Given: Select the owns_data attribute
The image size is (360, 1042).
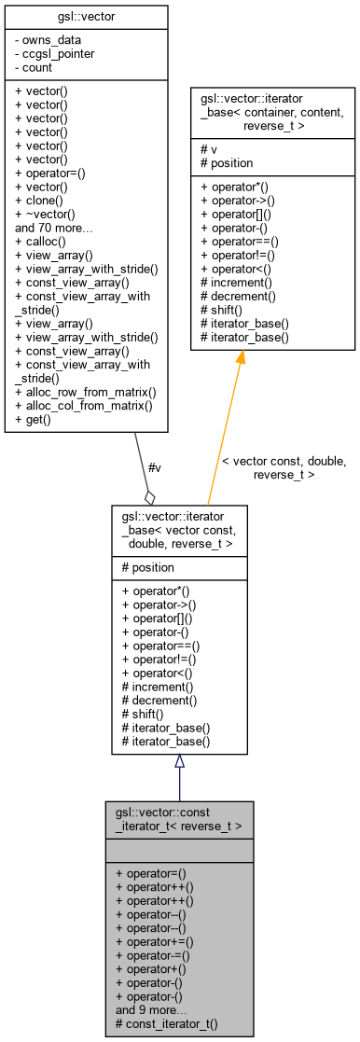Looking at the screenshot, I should click(48, 40).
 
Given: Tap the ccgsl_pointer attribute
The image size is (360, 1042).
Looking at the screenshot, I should click(56, 54).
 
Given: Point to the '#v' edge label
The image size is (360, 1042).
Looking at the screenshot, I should click(155, 469).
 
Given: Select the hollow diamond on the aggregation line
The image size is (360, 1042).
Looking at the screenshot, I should click(149, 496).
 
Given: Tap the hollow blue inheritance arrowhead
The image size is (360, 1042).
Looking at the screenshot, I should click(179, 761).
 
